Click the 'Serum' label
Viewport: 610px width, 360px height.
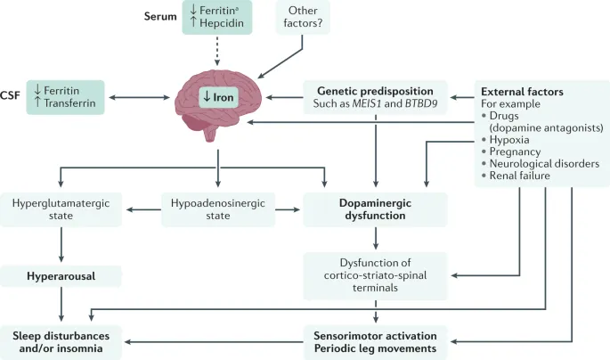(x=162, y=17)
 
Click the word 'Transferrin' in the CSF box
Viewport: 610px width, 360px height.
(x=76, y=103)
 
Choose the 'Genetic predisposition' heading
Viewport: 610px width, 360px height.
(x=375, y=91)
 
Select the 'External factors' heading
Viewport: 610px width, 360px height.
(x=522, y=92)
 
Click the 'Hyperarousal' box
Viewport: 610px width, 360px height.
(x=61, y=275)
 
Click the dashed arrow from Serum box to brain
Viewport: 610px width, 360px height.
(x=217, y=51)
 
